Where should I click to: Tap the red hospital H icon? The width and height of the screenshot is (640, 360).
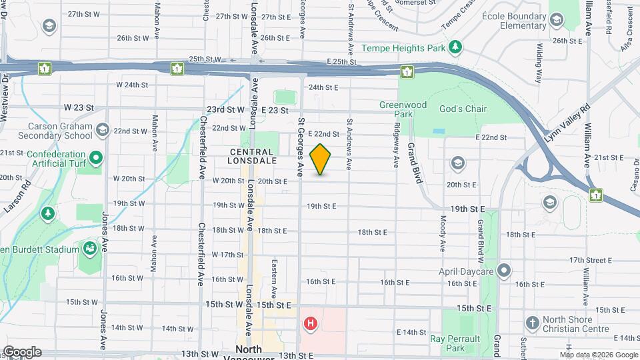coord(310,325)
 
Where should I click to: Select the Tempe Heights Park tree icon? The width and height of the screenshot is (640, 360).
coord(455,47)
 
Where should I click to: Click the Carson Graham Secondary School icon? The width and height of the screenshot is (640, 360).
coord(102,129)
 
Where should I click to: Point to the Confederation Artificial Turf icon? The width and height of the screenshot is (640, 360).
coord(96,159)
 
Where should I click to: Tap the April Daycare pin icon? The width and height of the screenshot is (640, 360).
coord(504,271)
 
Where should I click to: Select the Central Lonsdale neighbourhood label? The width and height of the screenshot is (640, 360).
coord(251,156)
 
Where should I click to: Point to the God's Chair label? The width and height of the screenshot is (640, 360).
coord(463,109)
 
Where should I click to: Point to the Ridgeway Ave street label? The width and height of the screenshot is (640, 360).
coord(396,145)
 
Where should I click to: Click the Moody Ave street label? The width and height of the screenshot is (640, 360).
coord(443,233)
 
